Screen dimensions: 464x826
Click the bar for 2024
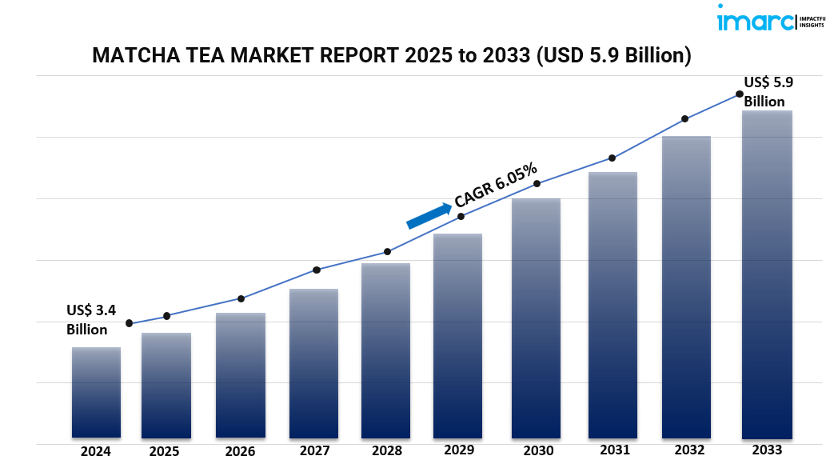[96, 392]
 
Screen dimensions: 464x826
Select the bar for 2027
[313, 363]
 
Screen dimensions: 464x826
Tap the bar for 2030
[536, 318]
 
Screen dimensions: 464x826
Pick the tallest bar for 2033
[766, 274]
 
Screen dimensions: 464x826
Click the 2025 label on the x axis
[164, 451]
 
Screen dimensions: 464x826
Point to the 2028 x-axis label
[386, 451]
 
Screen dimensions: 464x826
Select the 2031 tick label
[613, 451]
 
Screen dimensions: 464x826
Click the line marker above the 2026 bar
[241, 298]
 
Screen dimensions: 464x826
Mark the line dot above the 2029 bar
[461, 216]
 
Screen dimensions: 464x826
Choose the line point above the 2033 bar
[739, 94]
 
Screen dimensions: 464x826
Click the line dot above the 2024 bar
[130, 323]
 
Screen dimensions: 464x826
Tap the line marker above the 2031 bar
[612, 158]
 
